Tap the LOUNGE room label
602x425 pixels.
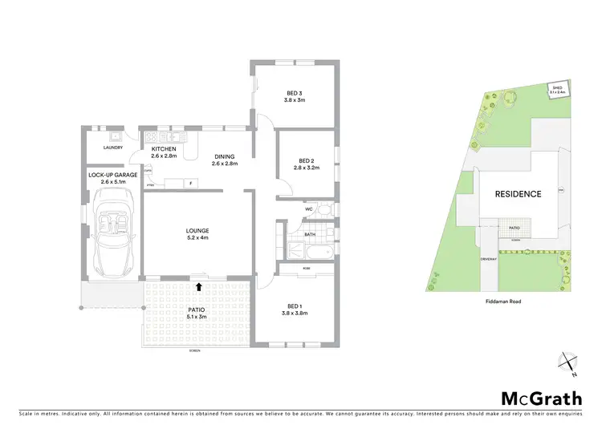(197, 233)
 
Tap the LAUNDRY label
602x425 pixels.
(112, 148)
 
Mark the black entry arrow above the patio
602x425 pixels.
(197, 285)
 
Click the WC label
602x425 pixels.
(308, 210)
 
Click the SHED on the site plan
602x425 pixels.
(557, 91)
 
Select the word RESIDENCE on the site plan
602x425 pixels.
(518, 194)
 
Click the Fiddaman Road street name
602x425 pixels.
(499, 302)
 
